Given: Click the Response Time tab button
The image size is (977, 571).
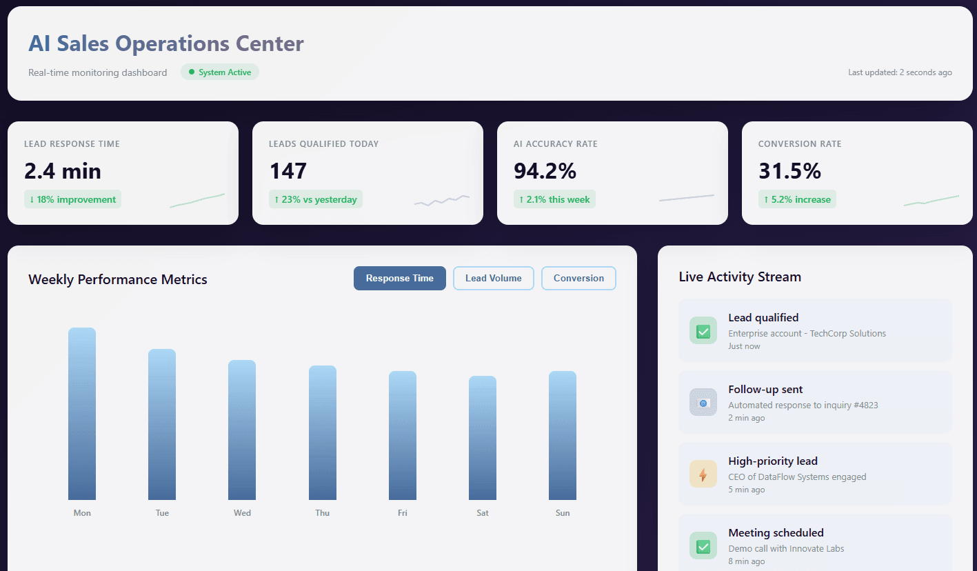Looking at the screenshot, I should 399,279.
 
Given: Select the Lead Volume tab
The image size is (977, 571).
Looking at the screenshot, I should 493,279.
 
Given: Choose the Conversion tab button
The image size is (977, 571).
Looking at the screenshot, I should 578,279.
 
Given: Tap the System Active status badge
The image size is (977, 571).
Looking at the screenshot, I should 220,72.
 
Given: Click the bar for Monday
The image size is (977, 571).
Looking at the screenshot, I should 82,414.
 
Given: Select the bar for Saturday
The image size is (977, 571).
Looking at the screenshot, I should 483,438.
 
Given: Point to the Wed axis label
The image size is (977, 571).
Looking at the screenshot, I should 242,513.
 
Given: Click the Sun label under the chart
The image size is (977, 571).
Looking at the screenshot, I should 563,513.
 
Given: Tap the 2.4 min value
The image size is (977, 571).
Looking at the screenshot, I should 63,171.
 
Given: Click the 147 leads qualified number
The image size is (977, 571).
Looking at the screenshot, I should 288,171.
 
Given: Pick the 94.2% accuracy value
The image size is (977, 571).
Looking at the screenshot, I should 545,171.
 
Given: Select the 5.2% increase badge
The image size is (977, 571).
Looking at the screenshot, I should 797,199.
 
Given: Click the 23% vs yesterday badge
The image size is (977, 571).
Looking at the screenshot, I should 315,199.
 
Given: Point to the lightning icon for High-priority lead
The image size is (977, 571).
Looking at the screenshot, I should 703,474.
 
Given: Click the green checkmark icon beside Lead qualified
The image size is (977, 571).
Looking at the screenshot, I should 703,331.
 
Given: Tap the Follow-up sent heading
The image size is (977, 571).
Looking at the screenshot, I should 765,390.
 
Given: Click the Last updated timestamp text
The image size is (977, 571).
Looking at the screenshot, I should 900,72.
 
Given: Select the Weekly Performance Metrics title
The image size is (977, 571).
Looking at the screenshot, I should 118,279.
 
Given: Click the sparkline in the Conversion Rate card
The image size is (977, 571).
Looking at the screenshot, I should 931,201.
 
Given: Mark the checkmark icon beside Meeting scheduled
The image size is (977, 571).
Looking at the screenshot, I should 703,546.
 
